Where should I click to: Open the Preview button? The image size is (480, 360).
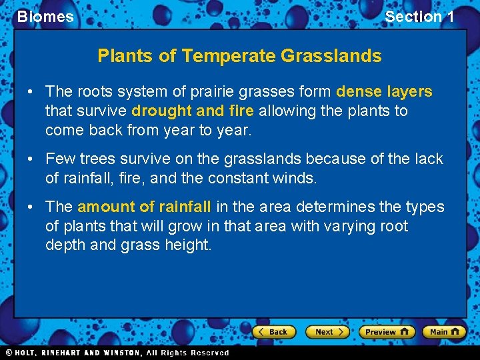click(386, 331)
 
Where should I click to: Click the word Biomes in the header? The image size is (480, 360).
click(45, 17)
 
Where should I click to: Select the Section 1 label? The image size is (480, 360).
click(419, 17)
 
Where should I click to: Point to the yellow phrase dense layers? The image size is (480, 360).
click(384, 91)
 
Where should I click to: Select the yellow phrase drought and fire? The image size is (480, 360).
click(193, 111)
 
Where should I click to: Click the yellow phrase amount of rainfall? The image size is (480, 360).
click(144, 207)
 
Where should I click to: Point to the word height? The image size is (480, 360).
click(190, 245)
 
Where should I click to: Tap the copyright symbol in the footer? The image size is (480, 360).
click(9, 353)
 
